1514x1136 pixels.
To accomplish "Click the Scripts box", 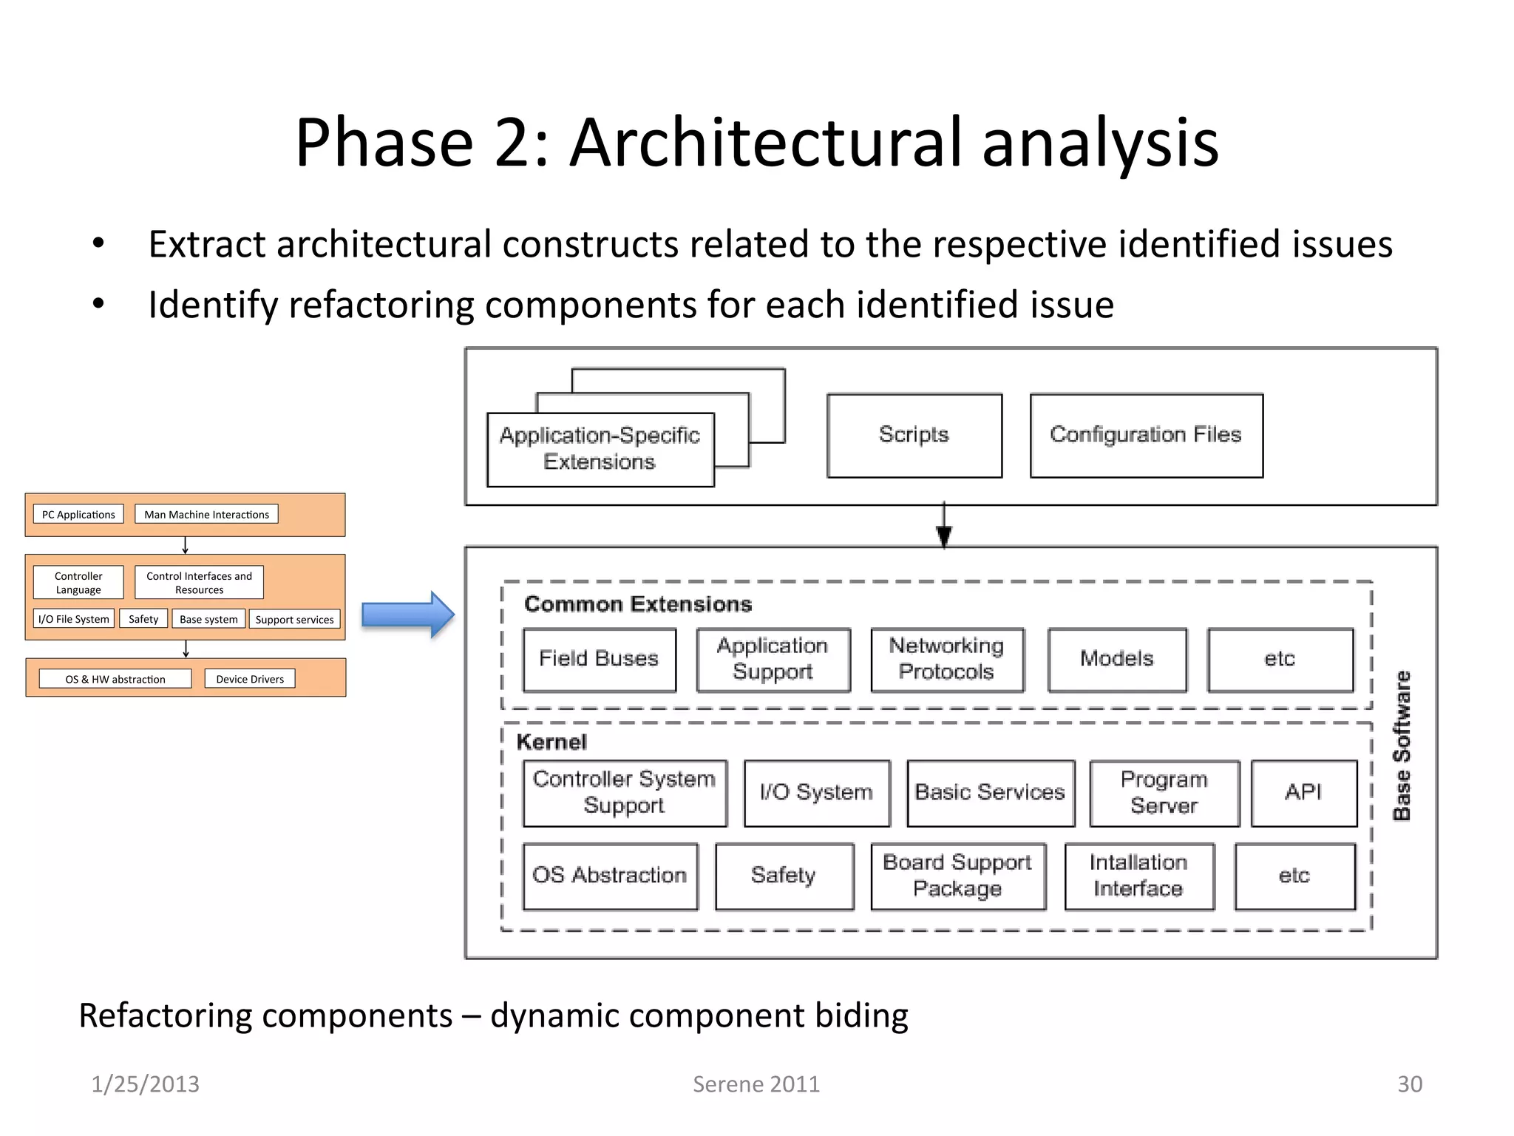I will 914,436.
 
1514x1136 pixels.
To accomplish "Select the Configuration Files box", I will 1146,436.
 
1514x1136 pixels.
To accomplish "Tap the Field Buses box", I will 599,660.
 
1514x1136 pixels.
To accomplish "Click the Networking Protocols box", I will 947,660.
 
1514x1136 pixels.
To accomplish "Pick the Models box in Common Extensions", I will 1117,660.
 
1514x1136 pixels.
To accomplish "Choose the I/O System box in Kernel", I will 817,793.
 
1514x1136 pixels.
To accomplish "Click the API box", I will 1303,793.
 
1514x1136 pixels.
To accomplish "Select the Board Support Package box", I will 958,876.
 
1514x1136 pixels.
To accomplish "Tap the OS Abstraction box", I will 610,876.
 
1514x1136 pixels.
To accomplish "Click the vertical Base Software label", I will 1402,745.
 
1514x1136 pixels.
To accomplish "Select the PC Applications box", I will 78,515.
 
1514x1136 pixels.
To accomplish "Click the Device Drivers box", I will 250,679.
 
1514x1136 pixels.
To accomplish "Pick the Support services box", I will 294,620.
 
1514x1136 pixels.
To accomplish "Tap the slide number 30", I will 1409,1084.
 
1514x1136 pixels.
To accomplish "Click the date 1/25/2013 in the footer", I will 145,1084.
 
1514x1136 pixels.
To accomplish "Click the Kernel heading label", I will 551,742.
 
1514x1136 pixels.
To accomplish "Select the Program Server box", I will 1164,793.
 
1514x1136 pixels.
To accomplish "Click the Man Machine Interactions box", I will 206,515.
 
